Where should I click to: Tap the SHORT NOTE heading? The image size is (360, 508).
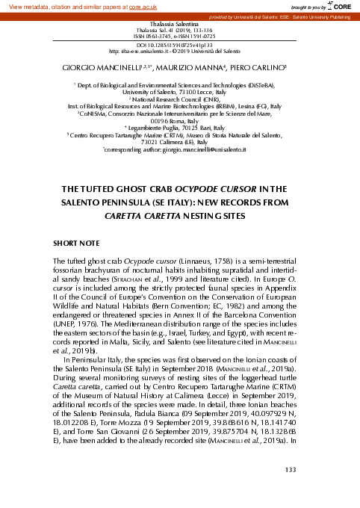pos(78,244)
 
